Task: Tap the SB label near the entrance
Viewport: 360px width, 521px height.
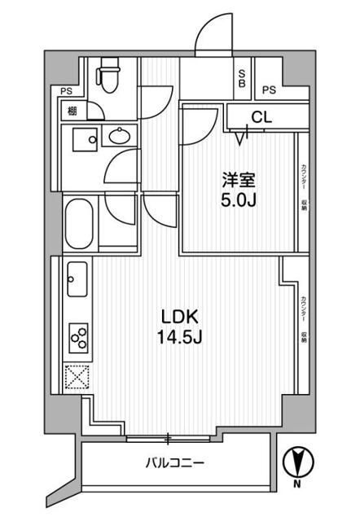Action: coord(242,78)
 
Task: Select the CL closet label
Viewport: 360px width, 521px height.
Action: coord(260,116)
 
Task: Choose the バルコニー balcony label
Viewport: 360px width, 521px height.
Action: coord(176,464)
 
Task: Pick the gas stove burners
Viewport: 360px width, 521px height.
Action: coord(79,336)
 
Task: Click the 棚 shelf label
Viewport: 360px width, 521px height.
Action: coord(72,112)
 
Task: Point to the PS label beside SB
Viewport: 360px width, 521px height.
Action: coord(269,90)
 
